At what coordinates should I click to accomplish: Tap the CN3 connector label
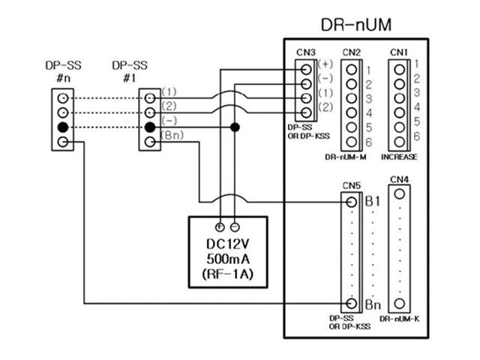(305, 52)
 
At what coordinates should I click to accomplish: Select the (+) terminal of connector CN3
(307, 66)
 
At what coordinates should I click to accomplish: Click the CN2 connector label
(351, 52)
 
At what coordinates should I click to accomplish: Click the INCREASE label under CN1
(400, 157)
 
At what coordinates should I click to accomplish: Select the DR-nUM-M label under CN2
(346, 157)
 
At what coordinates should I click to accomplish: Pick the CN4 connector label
(400, 180)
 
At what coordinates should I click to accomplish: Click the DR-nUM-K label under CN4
(400, 319)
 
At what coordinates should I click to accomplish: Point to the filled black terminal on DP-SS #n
(63, 127)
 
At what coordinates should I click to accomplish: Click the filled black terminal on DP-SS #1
(150, 127)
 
